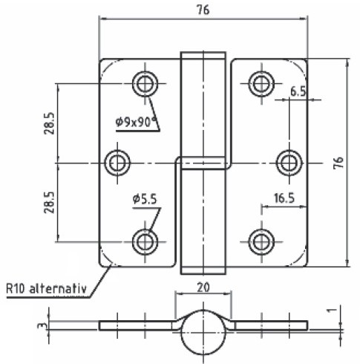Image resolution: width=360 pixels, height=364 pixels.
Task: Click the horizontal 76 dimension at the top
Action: tap(203, 10)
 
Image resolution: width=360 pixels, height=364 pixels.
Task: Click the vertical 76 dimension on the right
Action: tap(338, 163)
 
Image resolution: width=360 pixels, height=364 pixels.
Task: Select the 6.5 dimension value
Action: tap(298, 91)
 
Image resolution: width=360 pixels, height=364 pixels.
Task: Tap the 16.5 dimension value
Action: tap(284, 198)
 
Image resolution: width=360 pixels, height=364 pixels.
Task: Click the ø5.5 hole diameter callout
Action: tap(145, 199)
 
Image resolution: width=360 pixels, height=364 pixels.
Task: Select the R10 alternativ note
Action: tap(47, 289)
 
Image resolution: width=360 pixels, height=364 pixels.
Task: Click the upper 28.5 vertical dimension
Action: tap(49, 123)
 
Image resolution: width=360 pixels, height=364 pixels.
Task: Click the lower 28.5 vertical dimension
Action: tap(49, 202)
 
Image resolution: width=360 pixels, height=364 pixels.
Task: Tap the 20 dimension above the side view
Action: tap(203, 287)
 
